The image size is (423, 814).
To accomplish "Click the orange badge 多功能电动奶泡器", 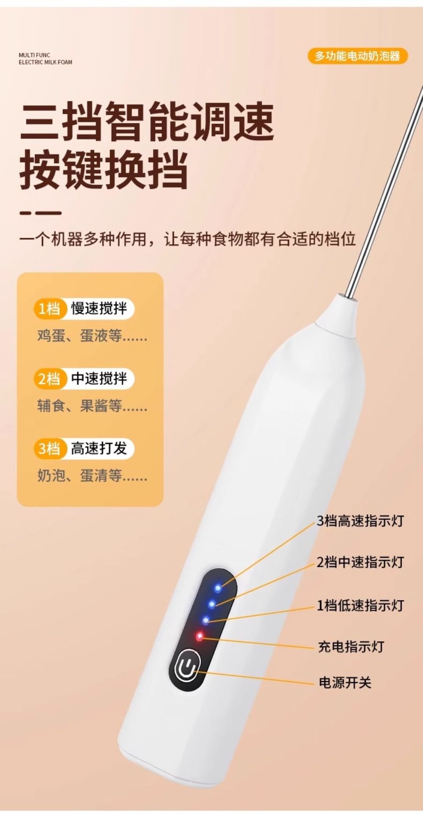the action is point(358,56).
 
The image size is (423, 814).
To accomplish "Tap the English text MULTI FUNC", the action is point(34,55).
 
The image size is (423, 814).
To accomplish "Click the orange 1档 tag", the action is point(49,308).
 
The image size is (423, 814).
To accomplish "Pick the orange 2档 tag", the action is point(49,378).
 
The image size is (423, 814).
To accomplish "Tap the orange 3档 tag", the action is point(49,448).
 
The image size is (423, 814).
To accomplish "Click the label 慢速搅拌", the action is point(99,308).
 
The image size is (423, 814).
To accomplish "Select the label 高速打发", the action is point(99,448).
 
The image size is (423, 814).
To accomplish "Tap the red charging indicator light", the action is point(199,636).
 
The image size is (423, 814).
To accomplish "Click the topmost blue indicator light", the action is point(218,588).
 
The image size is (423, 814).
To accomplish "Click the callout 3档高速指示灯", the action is point(360,521).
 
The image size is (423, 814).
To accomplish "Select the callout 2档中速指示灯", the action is point(360,562).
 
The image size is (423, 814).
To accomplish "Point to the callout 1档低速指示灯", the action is point(360,605).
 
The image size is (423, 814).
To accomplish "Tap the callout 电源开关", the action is point(345,683).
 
